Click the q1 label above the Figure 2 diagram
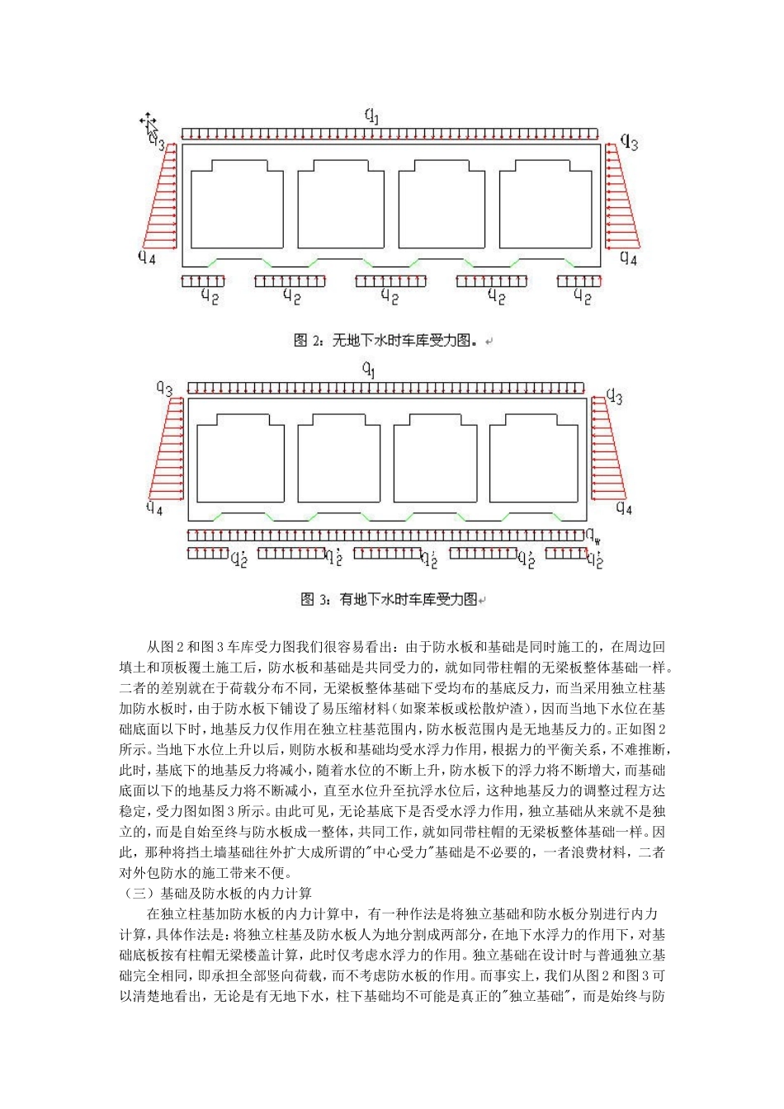(373, 116)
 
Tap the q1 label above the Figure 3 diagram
(369, 370)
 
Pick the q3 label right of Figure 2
(630, 143)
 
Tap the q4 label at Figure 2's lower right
(628, 257)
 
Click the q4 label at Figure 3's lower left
(154, 507)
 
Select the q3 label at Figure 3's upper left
(164, 389)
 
